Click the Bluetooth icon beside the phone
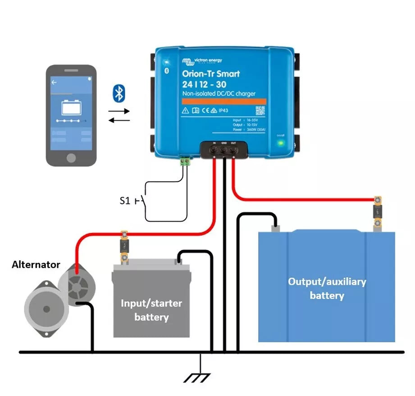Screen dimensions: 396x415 coord(119,94)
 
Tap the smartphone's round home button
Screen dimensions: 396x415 coord(71,158)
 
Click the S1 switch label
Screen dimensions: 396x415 coord(125,200)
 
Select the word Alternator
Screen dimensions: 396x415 coord(36,264)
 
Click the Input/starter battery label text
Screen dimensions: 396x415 coord(151,310)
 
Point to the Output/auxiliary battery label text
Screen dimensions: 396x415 coord(327,289)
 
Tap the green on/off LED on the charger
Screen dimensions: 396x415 coord(281,143)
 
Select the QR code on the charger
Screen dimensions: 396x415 coord(260,111)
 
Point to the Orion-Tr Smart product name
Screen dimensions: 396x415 coord(211,74)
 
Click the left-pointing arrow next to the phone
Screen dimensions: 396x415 coord(119,120)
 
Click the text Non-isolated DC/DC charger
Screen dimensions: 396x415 coord(219,94)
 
